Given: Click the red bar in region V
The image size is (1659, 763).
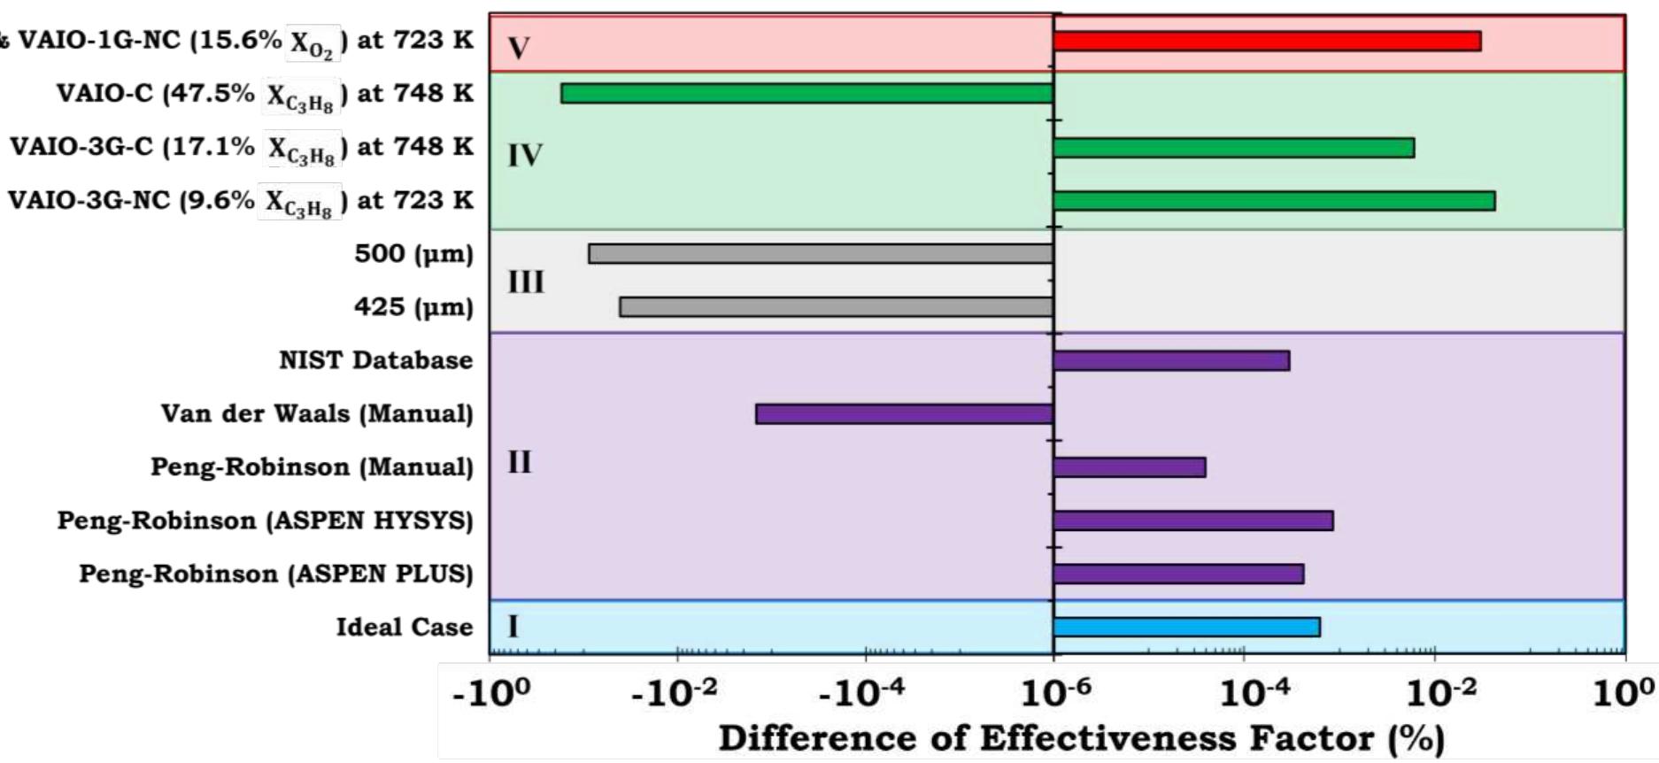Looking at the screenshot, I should [1266, 41].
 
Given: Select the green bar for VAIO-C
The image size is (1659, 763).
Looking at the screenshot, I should [806, 93].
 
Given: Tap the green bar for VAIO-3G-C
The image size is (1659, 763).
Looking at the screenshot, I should [1233, 147].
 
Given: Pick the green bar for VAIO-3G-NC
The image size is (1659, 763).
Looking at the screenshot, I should [1273, 200].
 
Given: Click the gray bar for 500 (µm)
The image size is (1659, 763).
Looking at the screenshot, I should [820, 254].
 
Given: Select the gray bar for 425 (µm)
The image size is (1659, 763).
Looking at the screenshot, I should [836, 307].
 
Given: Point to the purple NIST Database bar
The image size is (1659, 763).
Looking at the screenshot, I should [1170, 360].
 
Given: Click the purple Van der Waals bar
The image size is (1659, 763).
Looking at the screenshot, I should [903, 413].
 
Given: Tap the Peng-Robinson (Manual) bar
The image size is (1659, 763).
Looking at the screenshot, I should [1129, 467].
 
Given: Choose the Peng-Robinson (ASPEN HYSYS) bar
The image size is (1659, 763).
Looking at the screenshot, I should [1192, 520].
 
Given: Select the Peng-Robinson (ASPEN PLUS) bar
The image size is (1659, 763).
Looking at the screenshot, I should [1177, 574].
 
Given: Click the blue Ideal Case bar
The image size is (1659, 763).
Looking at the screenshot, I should [1185, 627].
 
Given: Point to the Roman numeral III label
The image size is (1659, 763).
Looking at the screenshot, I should [526, 282].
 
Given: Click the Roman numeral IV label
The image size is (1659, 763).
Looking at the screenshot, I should [524, 156].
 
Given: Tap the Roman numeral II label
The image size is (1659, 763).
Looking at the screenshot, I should [520, 462].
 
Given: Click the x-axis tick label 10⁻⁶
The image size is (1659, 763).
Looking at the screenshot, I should [1054, 693].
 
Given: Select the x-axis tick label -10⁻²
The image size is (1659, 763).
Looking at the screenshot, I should [675, 693].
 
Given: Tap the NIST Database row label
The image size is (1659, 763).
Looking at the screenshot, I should [375, 360].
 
